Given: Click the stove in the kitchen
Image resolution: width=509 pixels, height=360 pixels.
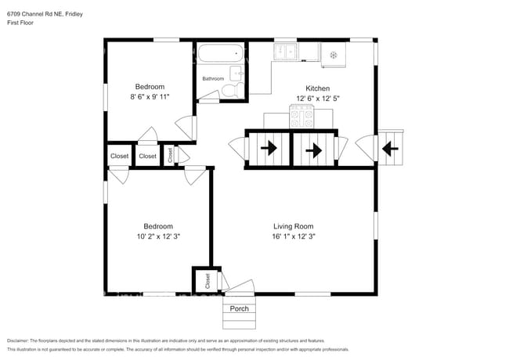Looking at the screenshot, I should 301,118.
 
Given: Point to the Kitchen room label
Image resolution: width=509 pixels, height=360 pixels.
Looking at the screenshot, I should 317,88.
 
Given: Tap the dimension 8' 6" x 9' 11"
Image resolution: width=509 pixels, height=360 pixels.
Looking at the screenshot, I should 150,96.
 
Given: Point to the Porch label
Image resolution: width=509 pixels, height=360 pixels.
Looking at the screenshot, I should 239,308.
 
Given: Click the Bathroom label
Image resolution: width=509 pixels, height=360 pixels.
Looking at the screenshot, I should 213,79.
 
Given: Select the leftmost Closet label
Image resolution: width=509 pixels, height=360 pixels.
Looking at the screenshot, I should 119,157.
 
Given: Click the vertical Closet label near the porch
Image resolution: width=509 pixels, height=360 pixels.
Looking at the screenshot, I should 208,280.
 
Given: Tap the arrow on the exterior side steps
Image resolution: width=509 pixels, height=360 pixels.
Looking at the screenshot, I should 389,148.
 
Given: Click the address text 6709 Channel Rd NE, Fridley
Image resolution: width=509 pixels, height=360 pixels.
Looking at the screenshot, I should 45,14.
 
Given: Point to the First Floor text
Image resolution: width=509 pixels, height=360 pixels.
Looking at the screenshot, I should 20,23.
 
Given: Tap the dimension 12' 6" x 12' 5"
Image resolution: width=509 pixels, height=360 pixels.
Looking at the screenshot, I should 317,98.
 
